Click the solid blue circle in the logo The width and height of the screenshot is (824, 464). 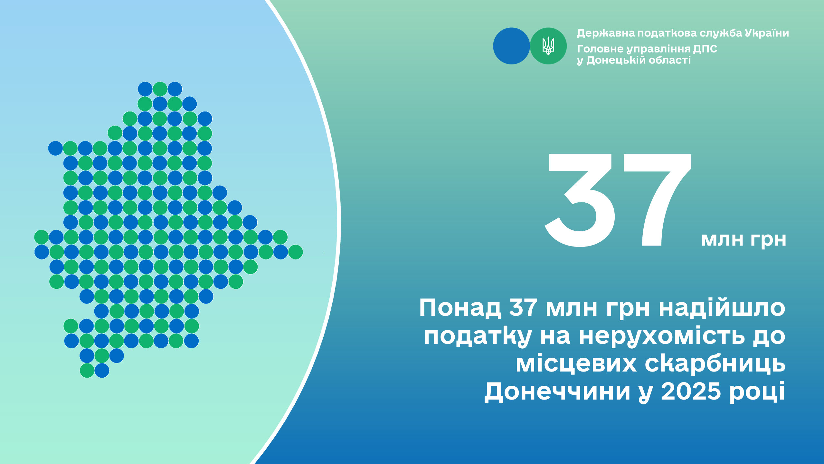(x=511, y=46)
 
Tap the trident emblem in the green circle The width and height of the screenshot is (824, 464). (x=548, y=46)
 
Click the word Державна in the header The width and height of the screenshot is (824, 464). (x=606, y=33)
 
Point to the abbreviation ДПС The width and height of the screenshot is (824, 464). (x=705, y=49)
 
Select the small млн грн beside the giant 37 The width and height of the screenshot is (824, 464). (x=743, y=240)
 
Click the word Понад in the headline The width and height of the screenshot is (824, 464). (x=460, y=308)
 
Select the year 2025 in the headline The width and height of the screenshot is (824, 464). (x=691, y=391)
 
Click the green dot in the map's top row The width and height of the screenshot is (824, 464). (x=160, y=89)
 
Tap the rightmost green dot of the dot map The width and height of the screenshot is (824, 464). (x=296, y=252)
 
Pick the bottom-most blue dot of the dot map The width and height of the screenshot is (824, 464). (x=102, y=371)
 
